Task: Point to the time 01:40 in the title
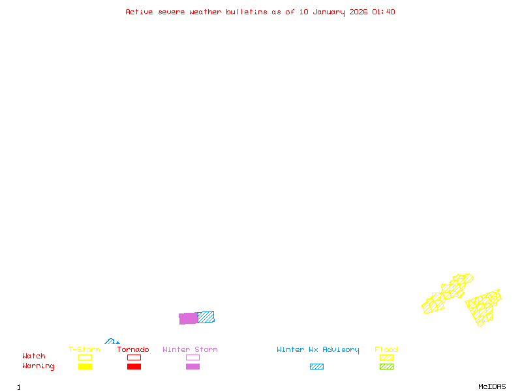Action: tap(383, 12)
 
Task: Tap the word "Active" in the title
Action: tap(140, 12)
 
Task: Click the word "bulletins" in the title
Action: tap(246, 12)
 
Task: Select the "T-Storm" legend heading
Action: tap(84, 350)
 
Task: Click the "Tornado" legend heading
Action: tap(133, 350)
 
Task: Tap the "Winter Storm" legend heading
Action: tap(190, 350)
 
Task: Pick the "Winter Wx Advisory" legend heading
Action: tap(318, 350)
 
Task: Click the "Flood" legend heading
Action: tap(386, 350)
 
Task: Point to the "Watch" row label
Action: tap(34, 356)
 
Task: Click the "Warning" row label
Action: tap(38, 366)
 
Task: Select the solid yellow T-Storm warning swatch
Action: tap(85, 367)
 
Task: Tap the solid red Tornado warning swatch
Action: tap(134, 367)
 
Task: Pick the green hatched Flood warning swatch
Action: tap(386, 367)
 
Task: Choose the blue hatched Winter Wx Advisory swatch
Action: tap(316, 367)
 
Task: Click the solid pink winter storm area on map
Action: tap(189, 318)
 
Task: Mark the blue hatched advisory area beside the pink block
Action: tap(206, 317)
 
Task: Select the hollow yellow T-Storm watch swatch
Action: tap(85, 357)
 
